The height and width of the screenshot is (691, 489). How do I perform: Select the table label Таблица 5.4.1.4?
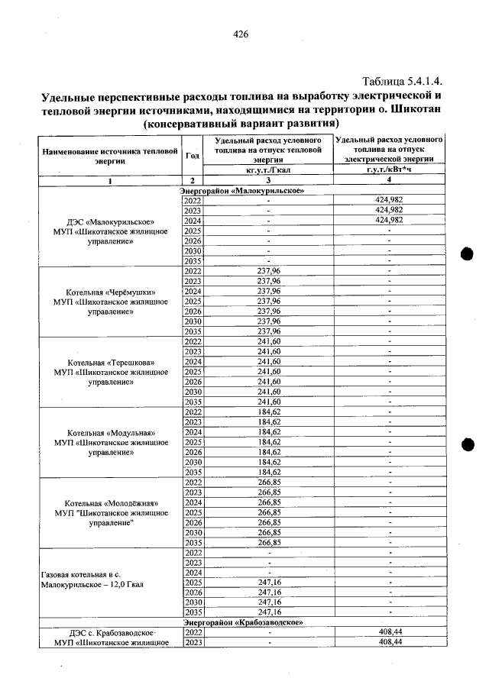[403, 81]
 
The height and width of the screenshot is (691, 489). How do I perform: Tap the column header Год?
[193, 155]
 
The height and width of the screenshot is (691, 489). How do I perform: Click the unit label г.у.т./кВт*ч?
[390, 171]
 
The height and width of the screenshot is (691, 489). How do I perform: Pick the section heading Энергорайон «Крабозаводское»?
[243, 623]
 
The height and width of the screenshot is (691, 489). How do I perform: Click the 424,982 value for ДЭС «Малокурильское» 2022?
[390, 199]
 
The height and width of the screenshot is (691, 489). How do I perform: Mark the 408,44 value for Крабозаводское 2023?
[390, 642]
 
